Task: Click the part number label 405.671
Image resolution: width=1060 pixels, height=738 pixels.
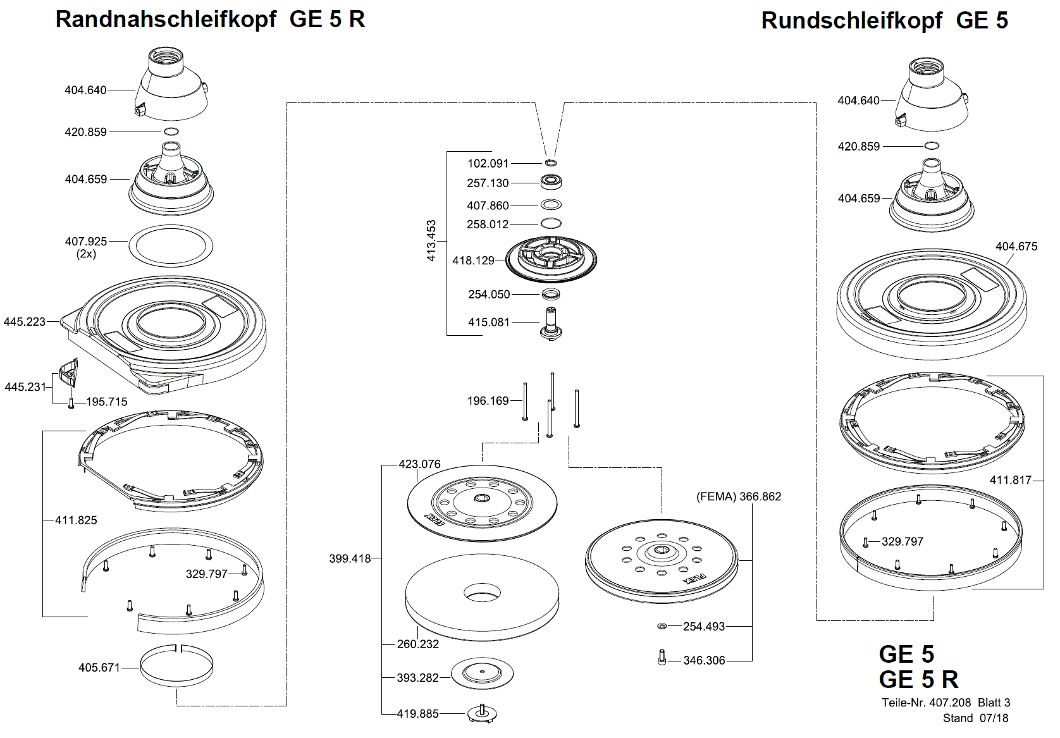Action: [x=99, y=667]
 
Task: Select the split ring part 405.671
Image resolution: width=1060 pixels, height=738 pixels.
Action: [x=176, y=665]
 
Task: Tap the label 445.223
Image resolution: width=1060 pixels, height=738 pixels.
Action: [x=25, y=321]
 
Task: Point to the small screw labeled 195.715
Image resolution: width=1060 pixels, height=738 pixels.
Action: [x=71, y=402]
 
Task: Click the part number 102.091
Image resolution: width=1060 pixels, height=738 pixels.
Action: [x=488, y=163]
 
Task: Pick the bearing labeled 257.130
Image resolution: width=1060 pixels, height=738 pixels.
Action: [x=552, y=182]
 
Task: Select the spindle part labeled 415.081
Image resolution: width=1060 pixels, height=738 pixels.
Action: [x=552, y=323]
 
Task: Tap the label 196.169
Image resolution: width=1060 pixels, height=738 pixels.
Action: [x=488, y=400]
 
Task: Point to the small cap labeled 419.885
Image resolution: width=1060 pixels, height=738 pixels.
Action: [x=482, y=713]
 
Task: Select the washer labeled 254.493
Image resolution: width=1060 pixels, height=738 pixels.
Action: [x=662, y=626]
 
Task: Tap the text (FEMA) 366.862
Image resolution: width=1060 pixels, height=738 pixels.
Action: [x=739, y=496]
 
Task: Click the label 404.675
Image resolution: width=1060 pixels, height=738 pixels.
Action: [x=1016, y=246]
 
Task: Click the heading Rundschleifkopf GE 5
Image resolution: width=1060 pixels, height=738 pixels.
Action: [x=884, y=20]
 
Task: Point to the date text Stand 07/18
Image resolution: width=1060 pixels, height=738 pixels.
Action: [x=975, y=718]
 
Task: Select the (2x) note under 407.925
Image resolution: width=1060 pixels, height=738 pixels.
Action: [x=86, y=254]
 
